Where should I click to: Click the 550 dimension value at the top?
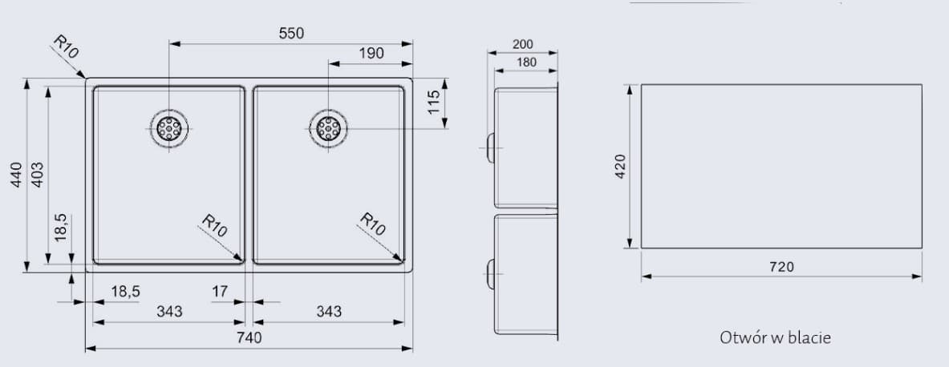pyautogui.click(x=290, y=33)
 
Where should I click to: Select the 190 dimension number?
pyautogui.click(x=371, y=54)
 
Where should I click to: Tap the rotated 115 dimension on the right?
pyautogui.click(x=434, y=102)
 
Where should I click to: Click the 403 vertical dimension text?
pyautogui.click(x=38, y=175)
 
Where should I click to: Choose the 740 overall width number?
pyautogui.click(x=249, y=338)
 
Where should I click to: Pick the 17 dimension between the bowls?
pyautogui.click(x=219, y=292)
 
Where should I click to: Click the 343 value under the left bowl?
pyautogui.click(x=168, y=311)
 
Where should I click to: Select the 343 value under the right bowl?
pyautogui.click(x=328, y=311)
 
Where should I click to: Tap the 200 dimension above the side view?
pyautogui.click(x=523, y=45)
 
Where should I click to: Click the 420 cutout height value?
pyautogui.click(x=619, y=166)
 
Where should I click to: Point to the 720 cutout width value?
pyautogui.click(x=781, y=267)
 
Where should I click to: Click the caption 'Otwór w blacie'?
pyautogui.click(x=775, y=337)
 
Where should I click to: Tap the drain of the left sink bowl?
pyautogui.click(x=169, y=128)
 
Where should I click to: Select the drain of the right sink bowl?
pyautogui.click(x=328, y=128)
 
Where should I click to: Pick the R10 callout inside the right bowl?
pyautogui.click(x=373, y=224)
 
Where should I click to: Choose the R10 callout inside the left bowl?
pyautogui.click(x=215, y=224)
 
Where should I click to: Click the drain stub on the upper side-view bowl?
pyautogui.click(x=489, y=147)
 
